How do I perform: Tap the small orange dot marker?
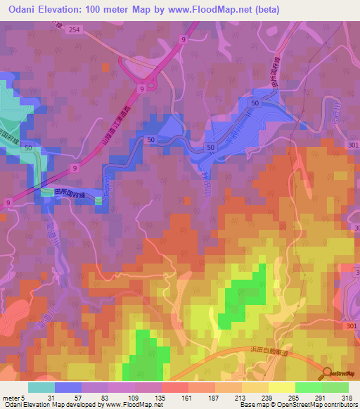click(106, 67)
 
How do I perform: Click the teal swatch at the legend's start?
click(41, 387)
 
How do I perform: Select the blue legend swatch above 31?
click(68, 387)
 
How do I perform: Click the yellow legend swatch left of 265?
click(282, 387)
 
